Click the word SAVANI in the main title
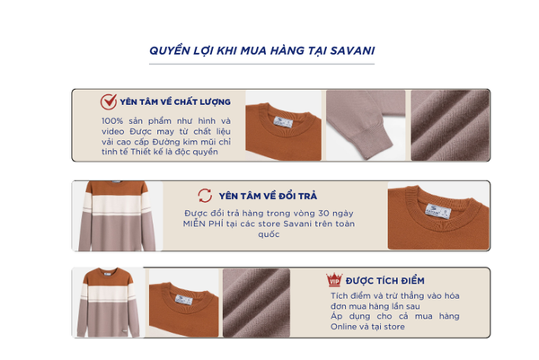click(x=352, y=51)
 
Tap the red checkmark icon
click(x=109, y=101)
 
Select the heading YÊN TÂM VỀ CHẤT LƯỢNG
click(x=175, y=102)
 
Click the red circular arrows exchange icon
click(x=205, y=196)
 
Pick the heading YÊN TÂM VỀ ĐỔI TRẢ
click(x=268, y=196)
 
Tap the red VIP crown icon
click(x=334, y=279)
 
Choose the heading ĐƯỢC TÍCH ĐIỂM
click(x=385, y=281)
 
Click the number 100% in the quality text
click(x=112, y=121)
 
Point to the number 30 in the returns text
click(x=323, y=214)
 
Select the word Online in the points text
click(x=343, y=327)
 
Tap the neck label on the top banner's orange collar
click(x=283, y=121)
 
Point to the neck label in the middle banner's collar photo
click(x=438, y=211)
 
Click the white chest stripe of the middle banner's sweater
click(x=117, y=205)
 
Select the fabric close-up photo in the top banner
click(x=450, y=126)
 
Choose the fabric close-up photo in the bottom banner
click(x=256, y=303)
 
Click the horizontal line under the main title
click(x=261, y=64)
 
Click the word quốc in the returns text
click(x=269, y=234)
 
